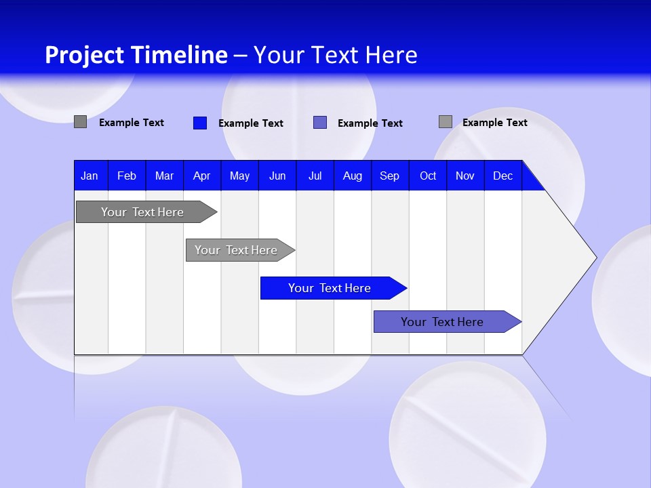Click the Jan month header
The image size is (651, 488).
tap(90, 176)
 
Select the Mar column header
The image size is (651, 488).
tap(164, 176)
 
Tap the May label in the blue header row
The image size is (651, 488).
tap(239, 176)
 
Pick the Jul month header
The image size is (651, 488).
tap(315, 176)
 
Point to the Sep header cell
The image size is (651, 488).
tap(389, 176)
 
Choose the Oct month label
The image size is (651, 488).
tap(428, 176)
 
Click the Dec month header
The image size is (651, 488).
tap(502, 176)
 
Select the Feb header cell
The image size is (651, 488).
tap(127, 176)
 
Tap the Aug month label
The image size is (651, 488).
tap(352, 176)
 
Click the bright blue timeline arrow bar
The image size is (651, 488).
tap(329, 288)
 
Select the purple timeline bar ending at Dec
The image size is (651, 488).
tap(442, 322)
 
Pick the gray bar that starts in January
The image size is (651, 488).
tap(142, 212)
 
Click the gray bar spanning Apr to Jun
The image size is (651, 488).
tap(236, 250)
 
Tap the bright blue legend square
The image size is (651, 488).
tap(200, 123)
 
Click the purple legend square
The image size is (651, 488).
tap(320, 123)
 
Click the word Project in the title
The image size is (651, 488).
tap(85, 55)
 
